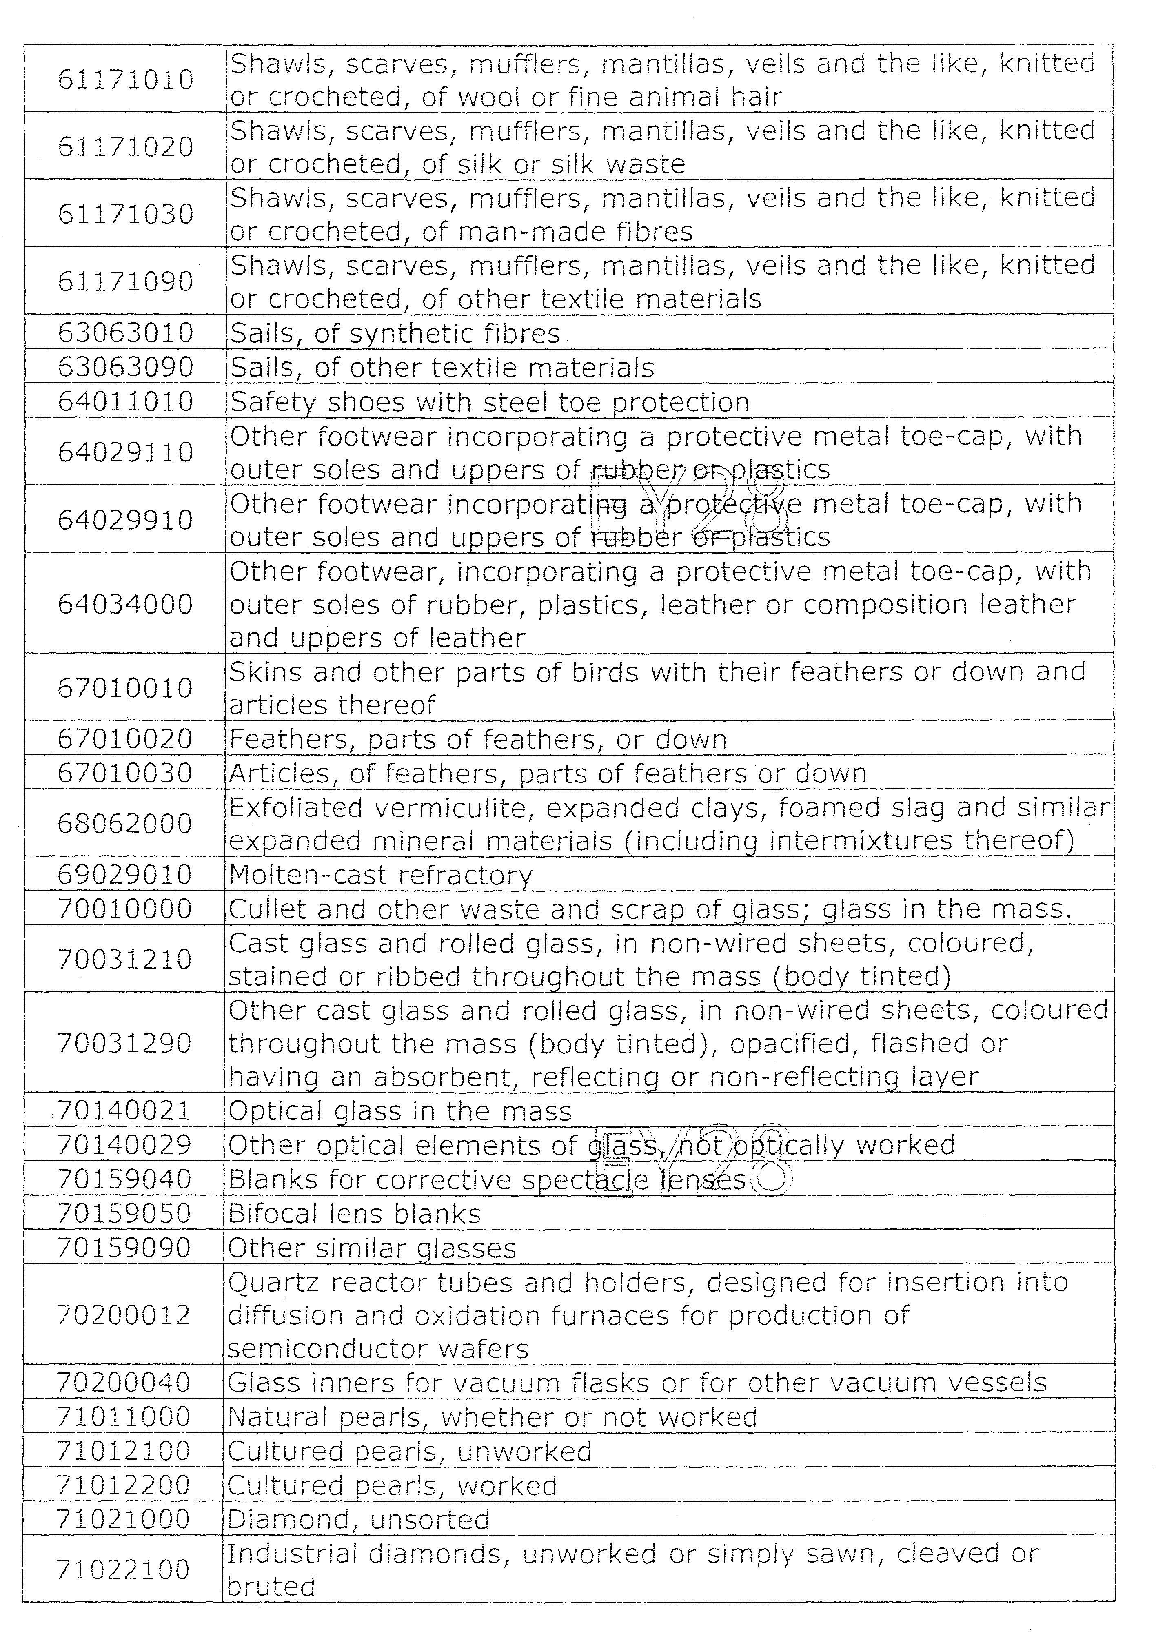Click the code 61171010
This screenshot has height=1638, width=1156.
pos(126,79)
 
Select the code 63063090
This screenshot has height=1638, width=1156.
pos(126,368)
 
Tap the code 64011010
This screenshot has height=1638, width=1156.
pos(126,402)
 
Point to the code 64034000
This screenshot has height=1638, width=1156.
pos(126,604)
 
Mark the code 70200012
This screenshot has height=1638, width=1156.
pos(124,1315)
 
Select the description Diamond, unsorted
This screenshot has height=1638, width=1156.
pos(358,1520)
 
